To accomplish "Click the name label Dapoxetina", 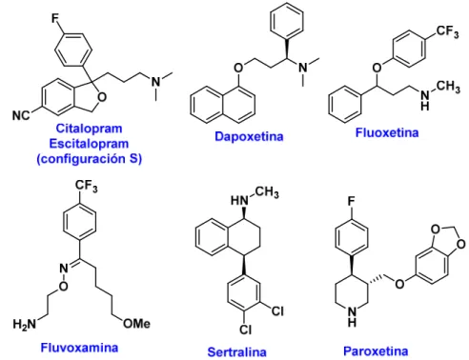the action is pos(249,136).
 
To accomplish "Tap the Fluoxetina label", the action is pos(387,132).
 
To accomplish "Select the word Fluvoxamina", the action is pos(79,348).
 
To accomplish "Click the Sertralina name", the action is pos(236,352).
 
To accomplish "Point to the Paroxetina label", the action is pos(376,351).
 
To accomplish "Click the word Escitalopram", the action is pos(89,144).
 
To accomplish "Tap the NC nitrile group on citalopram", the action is pos(21,115).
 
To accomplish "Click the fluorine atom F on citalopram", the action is pos(55,18).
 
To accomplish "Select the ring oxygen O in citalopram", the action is pos(102,97).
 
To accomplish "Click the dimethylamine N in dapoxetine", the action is pos(303,68).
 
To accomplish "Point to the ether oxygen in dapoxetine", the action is pos(238,68).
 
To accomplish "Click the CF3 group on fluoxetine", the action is pos(447,31).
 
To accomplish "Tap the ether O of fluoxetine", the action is pos(377,68).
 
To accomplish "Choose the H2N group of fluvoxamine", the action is pos(25,324).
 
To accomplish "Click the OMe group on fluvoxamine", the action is pos(136,324).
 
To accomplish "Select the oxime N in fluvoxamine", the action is pos(64,269).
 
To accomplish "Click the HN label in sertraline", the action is pos(239,200).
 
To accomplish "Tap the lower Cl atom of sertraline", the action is pos(246,330).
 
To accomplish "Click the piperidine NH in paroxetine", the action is pos(352,316).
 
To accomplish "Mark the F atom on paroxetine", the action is pos(351,201).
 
